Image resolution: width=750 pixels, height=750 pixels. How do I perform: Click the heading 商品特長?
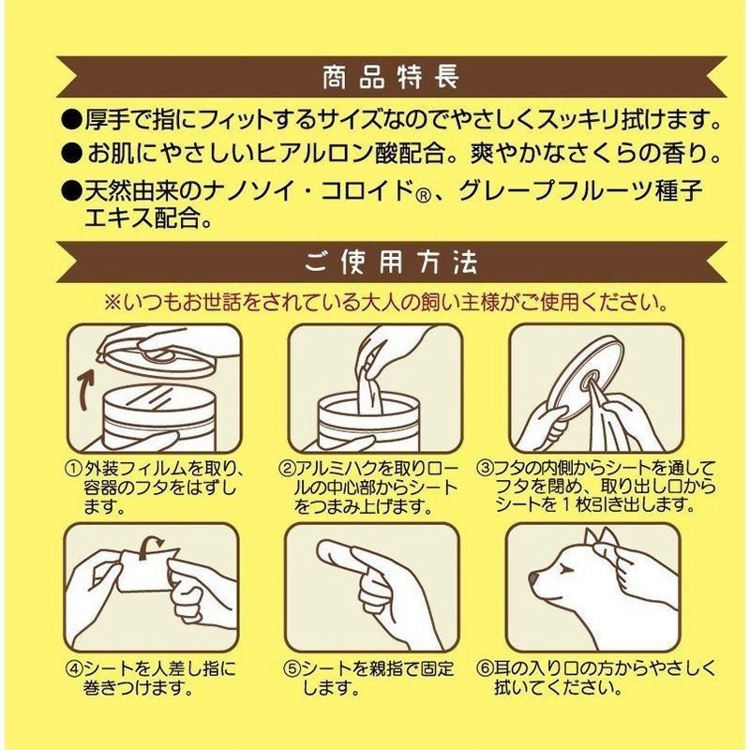click(391, 78)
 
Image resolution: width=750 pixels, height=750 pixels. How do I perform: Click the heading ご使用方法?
click(391, 262)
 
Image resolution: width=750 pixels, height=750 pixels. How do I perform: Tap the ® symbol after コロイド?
click(424, 196)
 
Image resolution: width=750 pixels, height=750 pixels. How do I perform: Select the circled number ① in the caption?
click(74, 469)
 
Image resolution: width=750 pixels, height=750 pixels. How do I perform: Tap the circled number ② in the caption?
click(286, 469)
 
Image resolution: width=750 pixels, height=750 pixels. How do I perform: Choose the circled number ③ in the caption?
click(486, 467)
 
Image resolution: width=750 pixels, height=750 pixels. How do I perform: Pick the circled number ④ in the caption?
click(74, 668)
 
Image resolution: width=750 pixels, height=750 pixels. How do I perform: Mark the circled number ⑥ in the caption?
click(486, 667)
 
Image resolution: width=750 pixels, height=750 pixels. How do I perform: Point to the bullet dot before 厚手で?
click(72, 120)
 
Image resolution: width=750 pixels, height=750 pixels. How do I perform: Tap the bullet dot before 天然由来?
click(72, 190)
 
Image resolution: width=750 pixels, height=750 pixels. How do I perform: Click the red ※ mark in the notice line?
click(113, 302)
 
